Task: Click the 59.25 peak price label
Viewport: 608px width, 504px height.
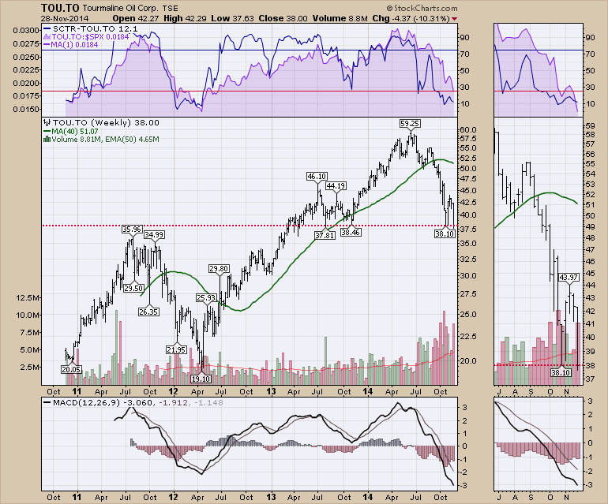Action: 409,124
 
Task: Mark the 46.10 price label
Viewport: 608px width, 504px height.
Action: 317,176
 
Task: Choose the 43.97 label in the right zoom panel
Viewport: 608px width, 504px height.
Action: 569,278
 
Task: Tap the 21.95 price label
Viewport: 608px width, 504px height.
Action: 175,349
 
